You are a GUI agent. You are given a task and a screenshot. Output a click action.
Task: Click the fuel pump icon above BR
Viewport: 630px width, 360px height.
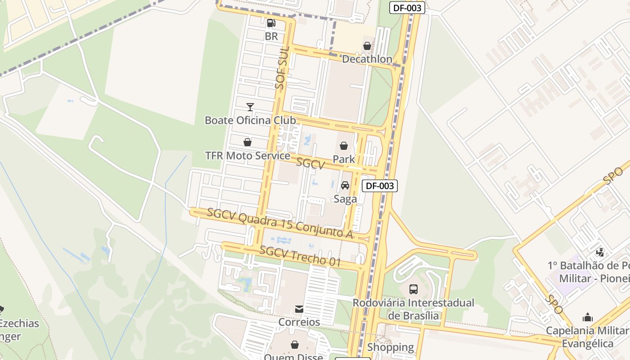click(271, 23)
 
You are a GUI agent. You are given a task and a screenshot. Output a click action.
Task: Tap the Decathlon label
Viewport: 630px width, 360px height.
click(367, 59)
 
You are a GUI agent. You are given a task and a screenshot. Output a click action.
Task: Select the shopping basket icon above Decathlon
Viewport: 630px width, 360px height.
click(367, 46)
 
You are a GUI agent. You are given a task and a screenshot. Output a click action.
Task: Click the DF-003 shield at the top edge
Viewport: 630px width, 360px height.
click(407, 8)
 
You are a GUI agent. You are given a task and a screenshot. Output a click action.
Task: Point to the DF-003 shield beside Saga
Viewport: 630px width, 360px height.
click(380, 185)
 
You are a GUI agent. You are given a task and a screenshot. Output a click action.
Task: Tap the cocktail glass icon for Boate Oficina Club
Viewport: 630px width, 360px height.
click(250, 107)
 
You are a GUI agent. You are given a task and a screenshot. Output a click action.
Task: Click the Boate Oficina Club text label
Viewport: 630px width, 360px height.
click(250, 120)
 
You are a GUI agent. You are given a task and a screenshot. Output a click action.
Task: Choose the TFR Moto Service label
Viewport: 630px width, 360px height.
click(247, 156)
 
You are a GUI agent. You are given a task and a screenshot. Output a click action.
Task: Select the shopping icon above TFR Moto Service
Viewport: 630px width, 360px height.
click(247, 143)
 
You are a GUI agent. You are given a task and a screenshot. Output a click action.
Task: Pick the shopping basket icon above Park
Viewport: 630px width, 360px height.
click(344, 146)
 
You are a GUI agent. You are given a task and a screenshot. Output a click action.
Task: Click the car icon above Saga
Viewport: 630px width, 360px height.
click(345, 185)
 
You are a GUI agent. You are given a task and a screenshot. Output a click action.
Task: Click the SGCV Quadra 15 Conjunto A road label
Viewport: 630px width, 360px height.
click(279, 224)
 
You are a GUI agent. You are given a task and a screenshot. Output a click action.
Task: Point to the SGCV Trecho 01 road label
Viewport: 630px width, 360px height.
click(300, 256)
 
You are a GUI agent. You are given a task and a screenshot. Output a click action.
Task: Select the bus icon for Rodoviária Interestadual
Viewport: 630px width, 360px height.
click(413, 289)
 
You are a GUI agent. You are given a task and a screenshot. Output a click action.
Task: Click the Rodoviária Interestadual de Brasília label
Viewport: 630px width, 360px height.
click(413, 309)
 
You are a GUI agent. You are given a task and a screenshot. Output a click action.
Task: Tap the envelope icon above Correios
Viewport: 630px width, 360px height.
click(299, 309)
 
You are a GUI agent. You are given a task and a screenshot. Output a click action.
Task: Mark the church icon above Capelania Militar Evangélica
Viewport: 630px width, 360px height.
click(588, 318)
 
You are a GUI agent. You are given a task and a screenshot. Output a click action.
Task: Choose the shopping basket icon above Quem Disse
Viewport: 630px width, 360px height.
click(295, 345)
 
